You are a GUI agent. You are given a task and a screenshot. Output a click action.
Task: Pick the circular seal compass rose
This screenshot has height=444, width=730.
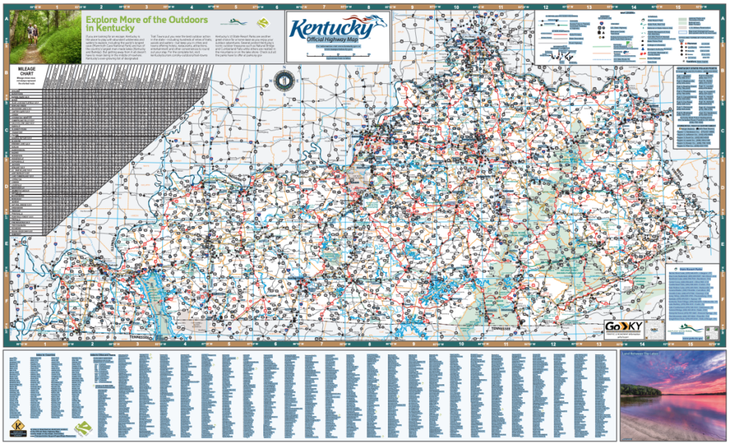click(284, 82)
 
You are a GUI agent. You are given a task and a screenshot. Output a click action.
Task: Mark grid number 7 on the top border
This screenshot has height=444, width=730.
click(322, 7)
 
